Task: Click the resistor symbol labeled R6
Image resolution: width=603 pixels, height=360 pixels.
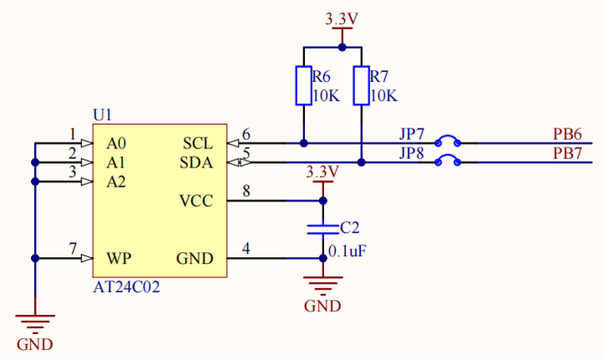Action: click(x=302, y=86)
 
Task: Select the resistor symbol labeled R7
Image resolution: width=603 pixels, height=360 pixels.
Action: click(x=361, y=86)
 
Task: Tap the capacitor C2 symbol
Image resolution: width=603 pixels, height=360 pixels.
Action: click(x=323, y=229)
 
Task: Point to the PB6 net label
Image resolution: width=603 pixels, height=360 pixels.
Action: click(x=567, y=134)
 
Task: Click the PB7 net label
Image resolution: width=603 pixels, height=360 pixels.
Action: click(x=567, y=153)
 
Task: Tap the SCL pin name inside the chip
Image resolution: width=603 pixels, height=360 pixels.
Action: click(x=198, y=143)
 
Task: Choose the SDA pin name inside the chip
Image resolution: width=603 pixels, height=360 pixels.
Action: click(x=197, y=162)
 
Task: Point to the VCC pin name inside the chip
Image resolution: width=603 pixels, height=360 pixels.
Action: click(x=196, y=202)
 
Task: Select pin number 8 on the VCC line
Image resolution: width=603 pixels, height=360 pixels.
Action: click(x=246, y=192)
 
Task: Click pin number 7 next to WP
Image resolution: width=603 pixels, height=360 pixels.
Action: click(x=73, y=249)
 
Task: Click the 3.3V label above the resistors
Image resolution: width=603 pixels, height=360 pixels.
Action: click(x=341, y=18)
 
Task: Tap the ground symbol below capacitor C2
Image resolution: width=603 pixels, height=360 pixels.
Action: click(x=323, y=285)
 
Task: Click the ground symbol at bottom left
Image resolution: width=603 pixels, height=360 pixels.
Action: click(x=35, y=322)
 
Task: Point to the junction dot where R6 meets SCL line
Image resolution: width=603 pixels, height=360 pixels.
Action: click(x=302, y=142)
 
